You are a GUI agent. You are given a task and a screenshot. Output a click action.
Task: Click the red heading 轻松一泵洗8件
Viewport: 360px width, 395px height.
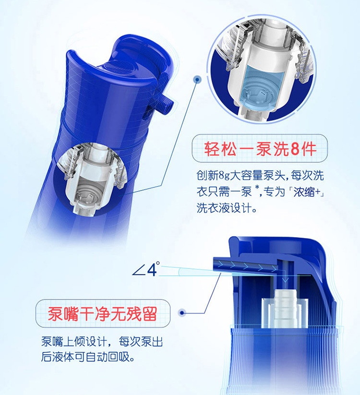click(x=260, y=149)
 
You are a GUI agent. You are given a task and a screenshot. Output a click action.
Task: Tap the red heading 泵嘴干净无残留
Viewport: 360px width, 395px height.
click(x=103, y=313)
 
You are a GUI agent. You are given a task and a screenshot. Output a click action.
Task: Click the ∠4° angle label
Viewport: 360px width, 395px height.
click(x=146, y=269)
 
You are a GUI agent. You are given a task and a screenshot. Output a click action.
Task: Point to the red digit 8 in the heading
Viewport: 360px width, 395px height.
click(x=295, y=149)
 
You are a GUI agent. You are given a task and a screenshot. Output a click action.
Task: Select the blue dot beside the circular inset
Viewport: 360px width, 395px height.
click(x=197, y=80)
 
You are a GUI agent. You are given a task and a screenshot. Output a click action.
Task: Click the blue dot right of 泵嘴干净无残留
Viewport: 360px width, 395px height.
click(x=182, y=313)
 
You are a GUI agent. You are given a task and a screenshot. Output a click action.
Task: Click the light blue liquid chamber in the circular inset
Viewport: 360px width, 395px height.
click(x=262, y=85)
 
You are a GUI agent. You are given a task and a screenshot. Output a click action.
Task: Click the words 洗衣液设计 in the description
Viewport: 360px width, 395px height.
click(x=224, y=208)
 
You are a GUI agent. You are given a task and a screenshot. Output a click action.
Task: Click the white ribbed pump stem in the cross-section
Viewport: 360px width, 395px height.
click(x=286, y=309)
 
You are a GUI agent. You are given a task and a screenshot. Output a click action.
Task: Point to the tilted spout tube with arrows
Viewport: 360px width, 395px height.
click(x=246, y=265)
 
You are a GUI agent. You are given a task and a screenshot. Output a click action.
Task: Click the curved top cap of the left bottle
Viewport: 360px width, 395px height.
click(x=119, y=60)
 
